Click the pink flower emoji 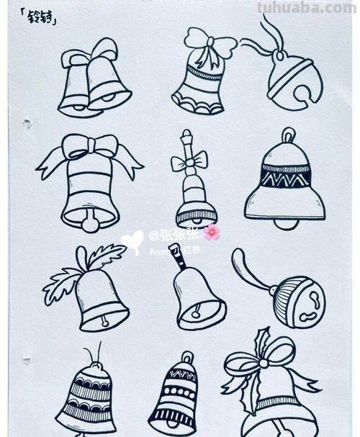[x=211, y=233]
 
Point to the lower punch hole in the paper [x=27, y=359]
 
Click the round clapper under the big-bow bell [x=90, y=225]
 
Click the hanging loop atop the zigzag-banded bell [x=287, y=135]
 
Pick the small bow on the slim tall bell [x=189, y=162]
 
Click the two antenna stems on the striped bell [x=92, y=353]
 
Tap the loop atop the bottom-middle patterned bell [x=186, y=357]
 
